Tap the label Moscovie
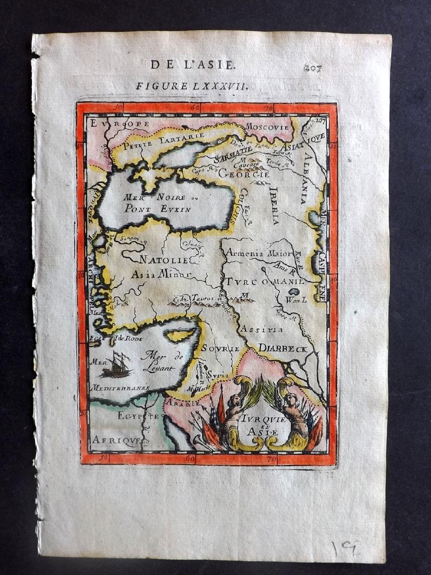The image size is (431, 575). [266, 127]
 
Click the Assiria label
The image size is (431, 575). [261, 329]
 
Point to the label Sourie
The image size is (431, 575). [220, 348]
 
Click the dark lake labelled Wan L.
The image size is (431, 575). [296, 291]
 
